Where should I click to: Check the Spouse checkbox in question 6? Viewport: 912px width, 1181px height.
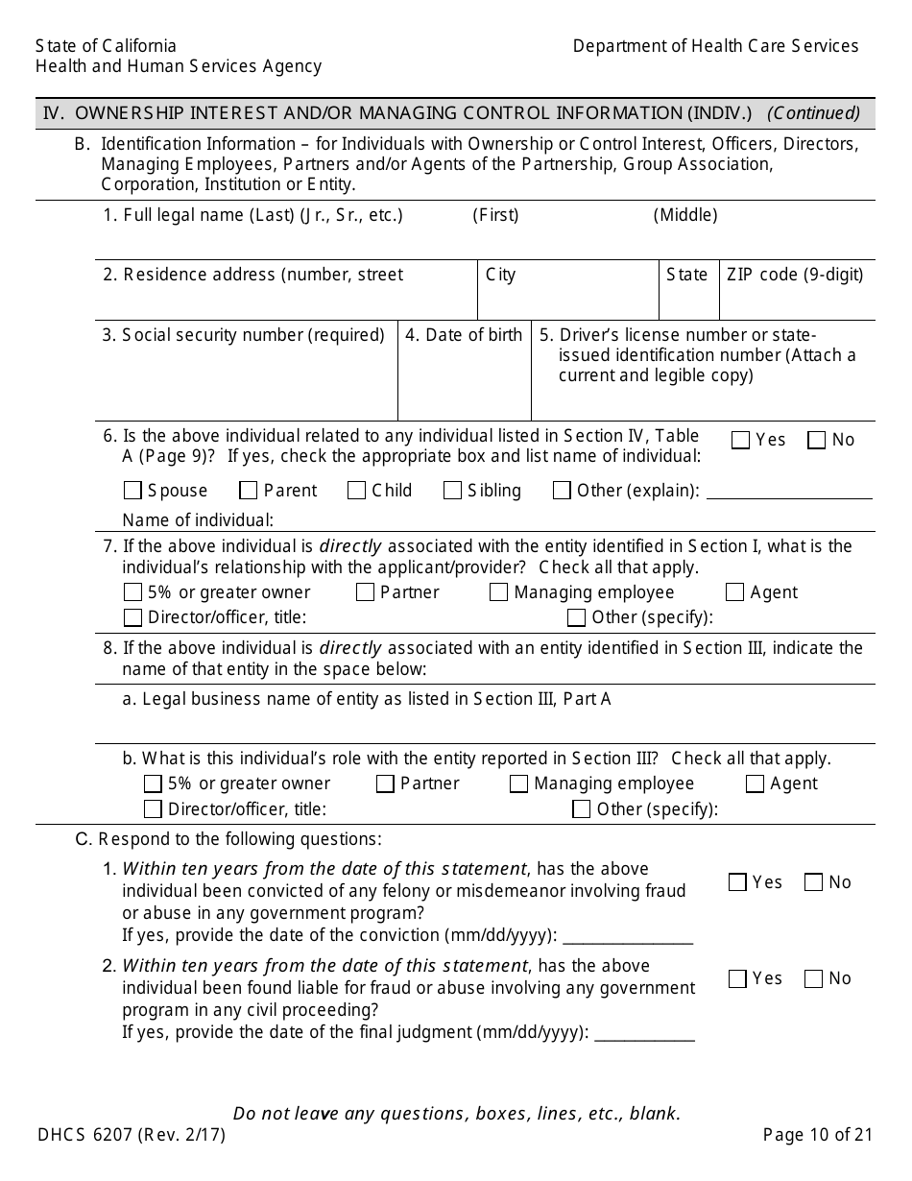click(x=132, y=491)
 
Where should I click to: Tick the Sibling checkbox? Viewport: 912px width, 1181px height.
click(x=453, y=491)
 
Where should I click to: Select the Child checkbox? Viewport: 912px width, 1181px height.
click(x=356, y=491)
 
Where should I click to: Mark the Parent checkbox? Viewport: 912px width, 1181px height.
click(x=249, y=491)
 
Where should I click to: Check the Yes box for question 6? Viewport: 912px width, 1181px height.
click(x=740, y=440)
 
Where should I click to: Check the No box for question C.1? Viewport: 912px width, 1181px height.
click(x=813, y=882)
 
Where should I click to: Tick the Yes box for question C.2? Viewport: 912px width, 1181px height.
click(x=737, y=978)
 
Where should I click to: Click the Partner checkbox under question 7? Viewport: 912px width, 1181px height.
click(x=365, y=592)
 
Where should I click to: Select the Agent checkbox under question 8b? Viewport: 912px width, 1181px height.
click(x=755, y=783)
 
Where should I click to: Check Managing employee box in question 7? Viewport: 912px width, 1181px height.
click(x=498, y=592)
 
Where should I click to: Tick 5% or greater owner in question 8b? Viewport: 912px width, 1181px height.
click(x=153, y=783)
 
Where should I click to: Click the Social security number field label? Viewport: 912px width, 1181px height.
click(x=243, y=335)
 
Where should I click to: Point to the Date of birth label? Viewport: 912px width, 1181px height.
click(x=464, y=335)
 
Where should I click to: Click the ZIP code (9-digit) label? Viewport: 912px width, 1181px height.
click(x=795, y=275)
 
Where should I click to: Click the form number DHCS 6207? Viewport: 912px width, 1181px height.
click(x=131, y=1135)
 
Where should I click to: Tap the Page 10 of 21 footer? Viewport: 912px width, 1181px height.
click(x=818, y=1135)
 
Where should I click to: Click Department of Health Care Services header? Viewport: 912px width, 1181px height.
click(x=715, y=46)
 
